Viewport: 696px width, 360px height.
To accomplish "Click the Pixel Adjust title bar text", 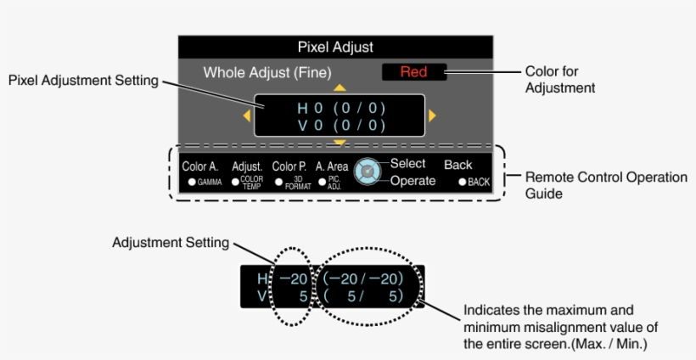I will pos(335,48).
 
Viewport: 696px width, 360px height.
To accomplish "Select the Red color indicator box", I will pos(413,72).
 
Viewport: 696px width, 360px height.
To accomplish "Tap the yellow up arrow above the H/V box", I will pos(340,87).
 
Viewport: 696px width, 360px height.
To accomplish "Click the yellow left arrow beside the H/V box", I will pos(247,115).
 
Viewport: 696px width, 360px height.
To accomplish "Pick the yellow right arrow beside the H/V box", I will pos(432,115).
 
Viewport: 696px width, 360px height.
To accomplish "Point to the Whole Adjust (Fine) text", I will pos(267,73).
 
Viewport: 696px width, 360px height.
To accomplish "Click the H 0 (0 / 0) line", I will pos(340,109).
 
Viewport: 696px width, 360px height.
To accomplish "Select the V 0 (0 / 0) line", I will pos(340,126).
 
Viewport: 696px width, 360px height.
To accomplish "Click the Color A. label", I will pos(200,166).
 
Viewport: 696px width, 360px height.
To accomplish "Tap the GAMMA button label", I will pos(205,183).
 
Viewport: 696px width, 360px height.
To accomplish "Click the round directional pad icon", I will pos(366,172).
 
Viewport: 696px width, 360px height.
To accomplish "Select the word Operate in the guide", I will pos(413,181).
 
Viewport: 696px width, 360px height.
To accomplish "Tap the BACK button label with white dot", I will pos(474,183).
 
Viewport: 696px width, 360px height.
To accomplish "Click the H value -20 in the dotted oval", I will pos(293,278).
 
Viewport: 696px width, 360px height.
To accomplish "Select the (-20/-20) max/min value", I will pos(362,278).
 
